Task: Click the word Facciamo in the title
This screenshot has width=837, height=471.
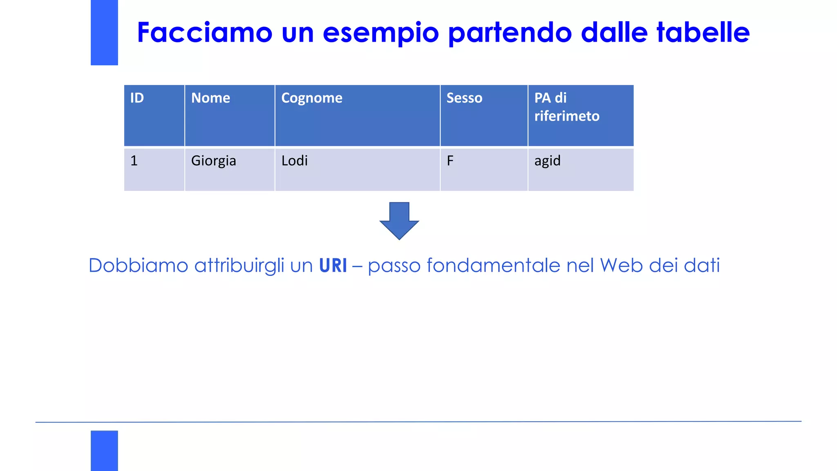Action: coord(205,32)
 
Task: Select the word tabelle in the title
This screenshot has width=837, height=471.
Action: coord(703,32)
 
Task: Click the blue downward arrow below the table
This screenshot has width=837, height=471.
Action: coord(399,221)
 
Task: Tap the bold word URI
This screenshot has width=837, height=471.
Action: coord(333,266)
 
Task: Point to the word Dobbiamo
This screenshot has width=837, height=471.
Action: coord(138,266)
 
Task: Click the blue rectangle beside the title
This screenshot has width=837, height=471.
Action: coord(104,32)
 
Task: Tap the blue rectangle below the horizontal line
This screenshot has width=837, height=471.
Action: coord(104,451)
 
